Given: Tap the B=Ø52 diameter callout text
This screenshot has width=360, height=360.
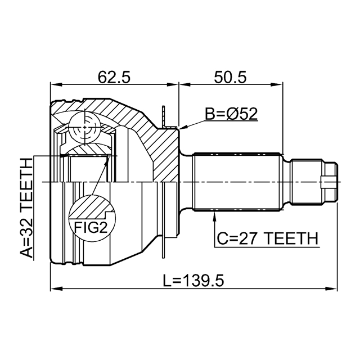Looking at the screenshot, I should pos(231,114).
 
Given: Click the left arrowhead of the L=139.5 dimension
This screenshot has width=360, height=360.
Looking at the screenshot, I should pos(54,289).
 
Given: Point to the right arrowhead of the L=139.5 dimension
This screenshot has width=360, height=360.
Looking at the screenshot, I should pos(335,289).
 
